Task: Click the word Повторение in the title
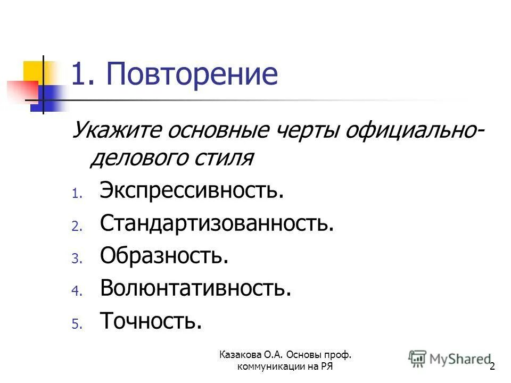192,74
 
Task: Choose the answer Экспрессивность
192,190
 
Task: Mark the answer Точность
151,321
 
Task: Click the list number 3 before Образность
76,259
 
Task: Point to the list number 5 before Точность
76,324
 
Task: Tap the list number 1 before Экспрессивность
76,194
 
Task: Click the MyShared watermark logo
450,359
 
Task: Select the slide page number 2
492,367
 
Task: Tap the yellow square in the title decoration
33,71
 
